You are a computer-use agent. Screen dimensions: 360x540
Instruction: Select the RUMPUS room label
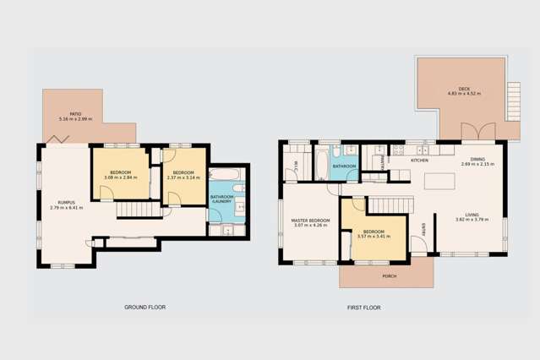[x=66, y=202]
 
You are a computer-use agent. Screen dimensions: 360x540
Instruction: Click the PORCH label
[x=389, y=276]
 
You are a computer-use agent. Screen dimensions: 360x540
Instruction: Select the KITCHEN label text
[x=419, y=160]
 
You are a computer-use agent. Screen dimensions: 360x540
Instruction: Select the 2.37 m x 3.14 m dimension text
[x=183, y=177]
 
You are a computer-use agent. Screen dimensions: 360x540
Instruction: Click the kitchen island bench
[x=441, y=181]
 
